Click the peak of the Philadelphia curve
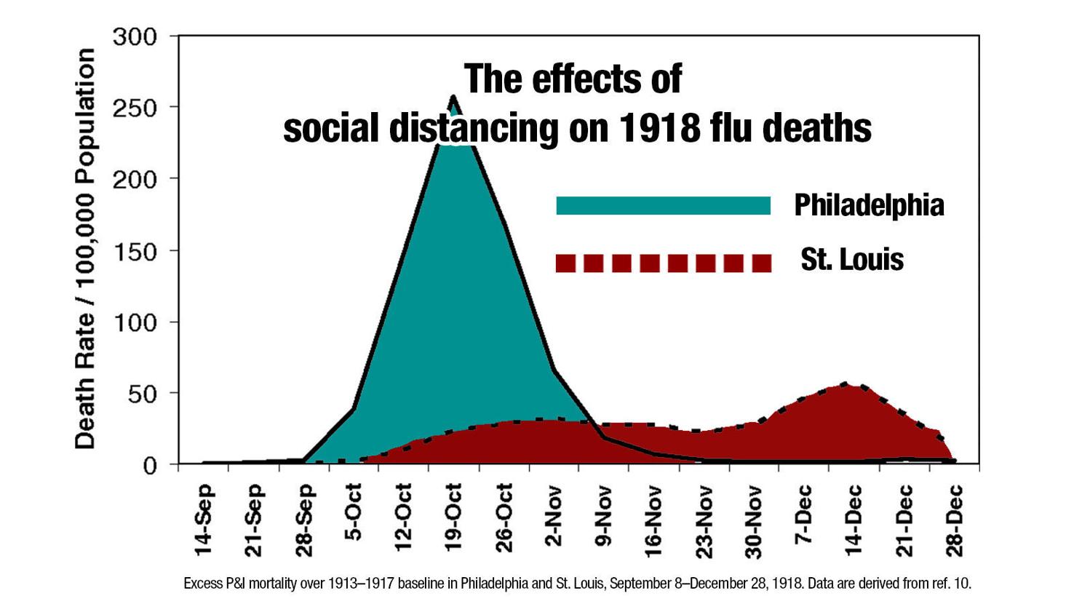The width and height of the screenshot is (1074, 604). (x=453, y=97)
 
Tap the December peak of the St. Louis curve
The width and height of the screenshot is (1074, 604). (x=844, y=384)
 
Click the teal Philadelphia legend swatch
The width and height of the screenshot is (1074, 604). (x=663, y=206)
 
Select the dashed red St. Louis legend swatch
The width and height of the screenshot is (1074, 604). (x=663, y=263)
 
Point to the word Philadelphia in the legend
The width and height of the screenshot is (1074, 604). (x=869, y=205)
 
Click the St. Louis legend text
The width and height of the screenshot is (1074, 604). (x=852, y=260)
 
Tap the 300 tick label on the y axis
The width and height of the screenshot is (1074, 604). (x=135, y=36)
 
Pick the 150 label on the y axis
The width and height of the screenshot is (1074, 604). (x=135, y=252)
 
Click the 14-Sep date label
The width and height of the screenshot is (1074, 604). (x=204, y=520)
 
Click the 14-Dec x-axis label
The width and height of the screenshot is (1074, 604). (x=854, y=520)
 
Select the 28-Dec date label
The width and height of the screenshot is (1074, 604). (x=954, y=520)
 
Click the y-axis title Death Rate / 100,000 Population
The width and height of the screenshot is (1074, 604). (x=85, y=249)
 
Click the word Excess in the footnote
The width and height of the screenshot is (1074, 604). (x=202, y=584)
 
